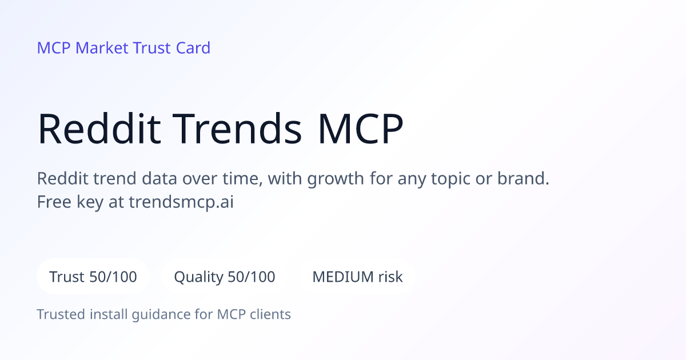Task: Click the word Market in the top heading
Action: [x=102, y=48]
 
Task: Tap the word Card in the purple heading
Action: [x=193, y=48]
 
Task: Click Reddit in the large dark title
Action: [x=99, y=129]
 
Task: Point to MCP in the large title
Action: [x=361, y=129]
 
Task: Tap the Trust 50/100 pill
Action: [x=93, y=277]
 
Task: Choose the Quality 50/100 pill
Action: [x=225, y=277]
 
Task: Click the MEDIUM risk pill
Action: [x=357, y=277]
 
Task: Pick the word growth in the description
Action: [x=336, y=179]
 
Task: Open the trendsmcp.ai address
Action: [x=181, y=202]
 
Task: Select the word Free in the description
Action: [x=54, y=202]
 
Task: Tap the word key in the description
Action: [x=90, y=203]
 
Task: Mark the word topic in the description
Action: [x=450, y=179]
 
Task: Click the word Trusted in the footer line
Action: [x=61, y=314]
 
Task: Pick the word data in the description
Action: [x=159, y=178]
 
